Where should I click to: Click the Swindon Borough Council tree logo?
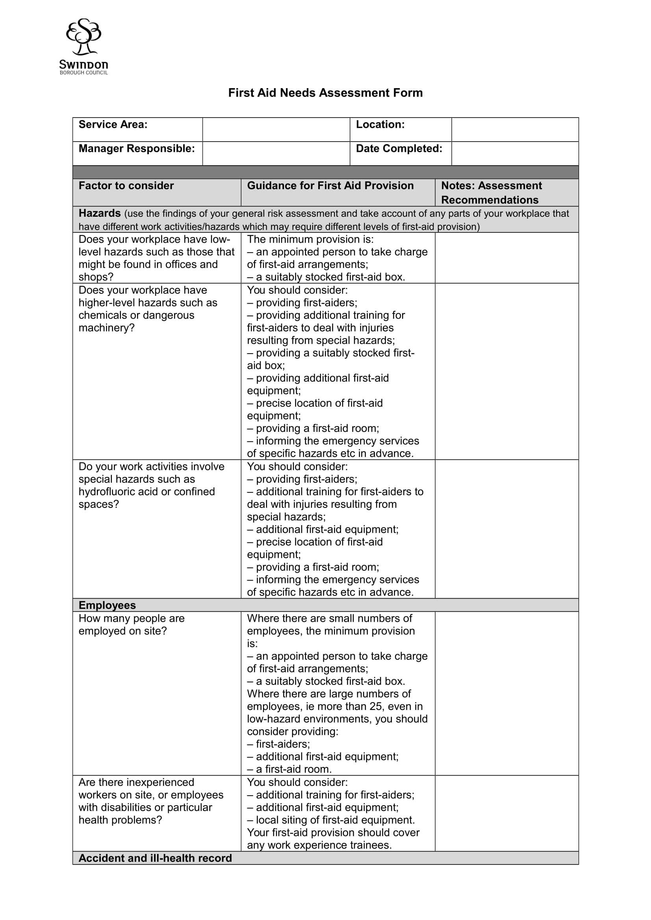point(83,37)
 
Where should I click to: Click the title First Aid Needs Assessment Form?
point(325,93)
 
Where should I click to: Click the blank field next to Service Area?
point(276,129)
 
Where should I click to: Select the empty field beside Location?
point(515,129)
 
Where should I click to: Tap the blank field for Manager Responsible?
point(276,153)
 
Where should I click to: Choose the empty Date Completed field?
point(515,153)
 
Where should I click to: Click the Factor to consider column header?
point(126,186)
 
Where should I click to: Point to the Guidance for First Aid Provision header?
point(330,186)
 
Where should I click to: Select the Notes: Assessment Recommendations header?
point(491,193)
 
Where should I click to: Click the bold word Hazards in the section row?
point(100,213)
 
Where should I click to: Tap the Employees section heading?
point(107,605)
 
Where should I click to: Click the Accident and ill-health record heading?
point(155,858)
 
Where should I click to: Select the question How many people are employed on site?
point(132,625)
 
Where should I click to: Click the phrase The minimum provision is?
point(310,240)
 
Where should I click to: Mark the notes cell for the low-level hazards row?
point(506,258)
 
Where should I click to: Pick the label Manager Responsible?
point(137,149)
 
